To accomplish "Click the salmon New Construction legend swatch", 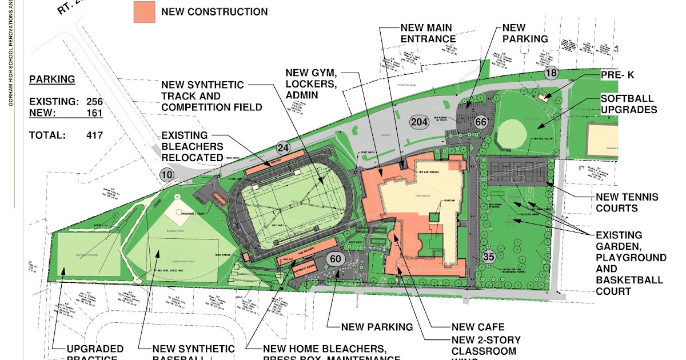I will tap(144, 12).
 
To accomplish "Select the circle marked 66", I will tap(480, 122).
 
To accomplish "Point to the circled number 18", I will tap(551, 73).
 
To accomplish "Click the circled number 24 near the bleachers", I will tap(281, 148).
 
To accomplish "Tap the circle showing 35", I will tap(488, 257).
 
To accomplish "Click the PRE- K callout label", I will tap(617, 75).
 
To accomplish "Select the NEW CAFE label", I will tap(478, 327).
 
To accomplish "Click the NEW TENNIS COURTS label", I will tap(627, 202).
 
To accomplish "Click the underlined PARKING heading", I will tap(52, 79).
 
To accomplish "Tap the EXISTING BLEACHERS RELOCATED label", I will tap(192, 146).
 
